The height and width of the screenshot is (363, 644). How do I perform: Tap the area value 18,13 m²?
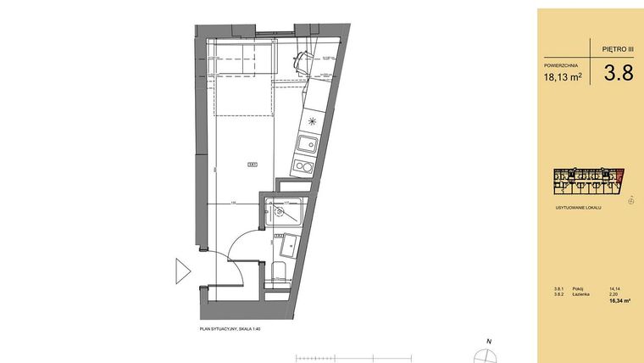click(563, 77)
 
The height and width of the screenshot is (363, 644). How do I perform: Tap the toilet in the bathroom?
click(280, 272)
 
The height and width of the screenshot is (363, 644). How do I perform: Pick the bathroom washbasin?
click(288, 245)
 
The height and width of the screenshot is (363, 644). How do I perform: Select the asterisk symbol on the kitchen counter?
click(312, 121)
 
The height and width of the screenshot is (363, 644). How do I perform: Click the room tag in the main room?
click(252, 164)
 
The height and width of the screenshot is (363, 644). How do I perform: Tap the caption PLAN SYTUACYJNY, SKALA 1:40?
click(228, 329)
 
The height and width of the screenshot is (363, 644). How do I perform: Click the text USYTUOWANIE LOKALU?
click(577, 208)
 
